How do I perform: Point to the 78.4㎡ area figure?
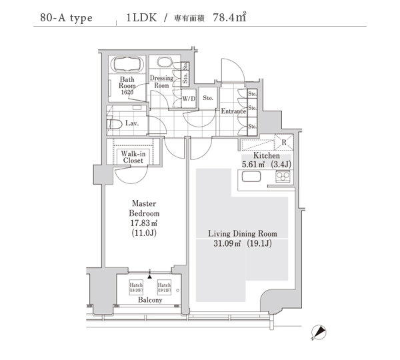pyautogui.click(x=229, y=18)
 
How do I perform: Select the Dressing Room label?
pyautogui.click(x=162, y=81)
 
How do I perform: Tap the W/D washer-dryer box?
pyautogui.click(x=189, y=99)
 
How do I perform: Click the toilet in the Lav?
pyautogui.click(x=114, y=124)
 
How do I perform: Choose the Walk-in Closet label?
pyautogui.click(x=132, y=157)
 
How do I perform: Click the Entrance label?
pyautogui.click(x=234, y=111)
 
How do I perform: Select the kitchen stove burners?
pyautogui.click(x=283, y=177)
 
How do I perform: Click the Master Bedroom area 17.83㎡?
pyautogui.click(x=144, y=223)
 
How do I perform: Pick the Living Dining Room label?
pyautogui.click(x=242, y=233)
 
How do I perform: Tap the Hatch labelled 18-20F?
pyautogui.click(x=137, y=287)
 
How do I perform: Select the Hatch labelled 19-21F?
pyautogui.click(x=164, y=287)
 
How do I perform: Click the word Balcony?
pyautogui.click(x=150, y=300)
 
